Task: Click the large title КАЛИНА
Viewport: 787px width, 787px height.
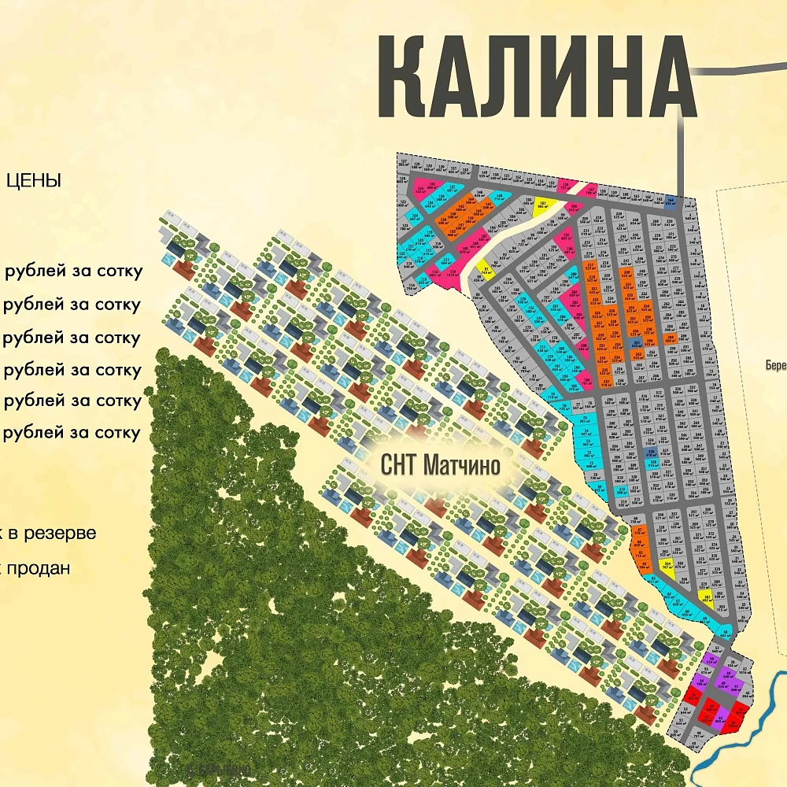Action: (535, 77)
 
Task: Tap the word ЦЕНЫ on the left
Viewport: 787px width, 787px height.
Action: (33, 181)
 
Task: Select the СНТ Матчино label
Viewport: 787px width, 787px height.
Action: (440, 465)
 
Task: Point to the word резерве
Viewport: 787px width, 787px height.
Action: (60, 533)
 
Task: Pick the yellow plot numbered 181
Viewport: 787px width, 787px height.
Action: (543, 205)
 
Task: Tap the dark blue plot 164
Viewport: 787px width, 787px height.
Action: (671, 200)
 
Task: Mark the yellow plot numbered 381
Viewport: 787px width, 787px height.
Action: (707, 598)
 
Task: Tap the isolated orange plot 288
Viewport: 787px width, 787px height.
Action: (670, 339)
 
